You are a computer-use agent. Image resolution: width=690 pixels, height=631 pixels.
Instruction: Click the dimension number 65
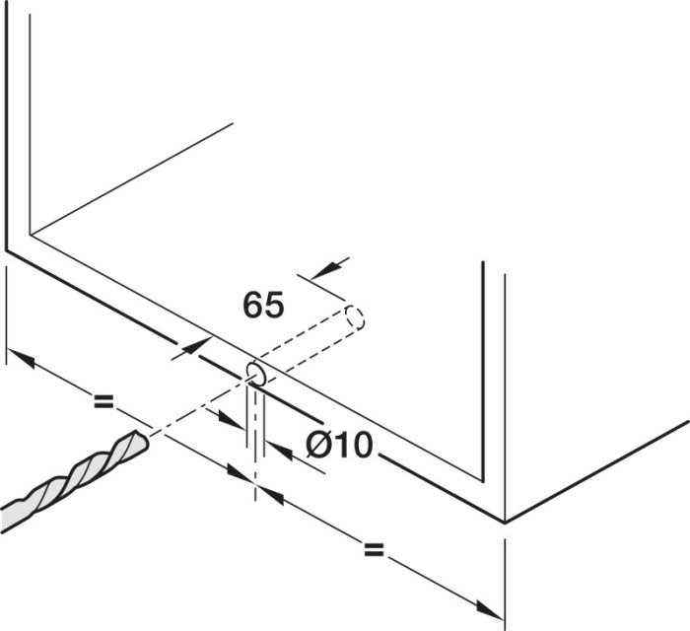tap(263, 305)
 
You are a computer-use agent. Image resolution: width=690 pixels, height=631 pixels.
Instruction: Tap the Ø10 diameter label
tap(340, 445)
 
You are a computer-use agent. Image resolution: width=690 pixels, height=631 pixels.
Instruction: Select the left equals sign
tap(103, 401)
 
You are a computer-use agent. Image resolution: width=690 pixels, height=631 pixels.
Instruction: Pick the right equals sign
tap(374, 549)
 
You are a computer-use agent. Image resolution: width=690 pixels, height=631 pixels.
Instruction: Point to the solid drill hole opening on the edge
tap(256, 375)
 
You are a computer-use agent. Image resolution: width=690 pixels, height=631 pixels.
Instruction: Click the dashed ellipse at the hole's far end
tap(354, 317)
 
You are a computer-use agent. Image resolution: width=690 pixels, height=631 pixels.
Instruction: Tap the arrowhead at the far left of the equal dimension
tap(21, 358)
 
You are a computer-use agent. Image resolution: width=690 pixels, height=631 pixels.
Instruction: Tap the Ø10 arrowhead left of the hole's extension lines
tap(230, 420)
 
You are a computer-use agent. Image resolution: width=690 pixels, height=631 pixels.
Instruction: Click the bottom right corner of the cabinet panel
tap(505, 523)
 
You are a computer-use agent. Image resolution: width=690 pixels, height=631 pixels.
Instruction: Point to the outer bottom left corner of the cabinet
tap(7, 250)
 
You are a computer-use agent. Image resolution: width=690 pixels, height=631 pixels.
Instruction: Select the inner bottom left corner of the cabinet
tap(30, 234)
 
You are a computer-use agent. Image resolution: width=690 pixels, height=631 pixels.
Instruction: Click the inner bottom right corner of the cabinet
tap(484, 481)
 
